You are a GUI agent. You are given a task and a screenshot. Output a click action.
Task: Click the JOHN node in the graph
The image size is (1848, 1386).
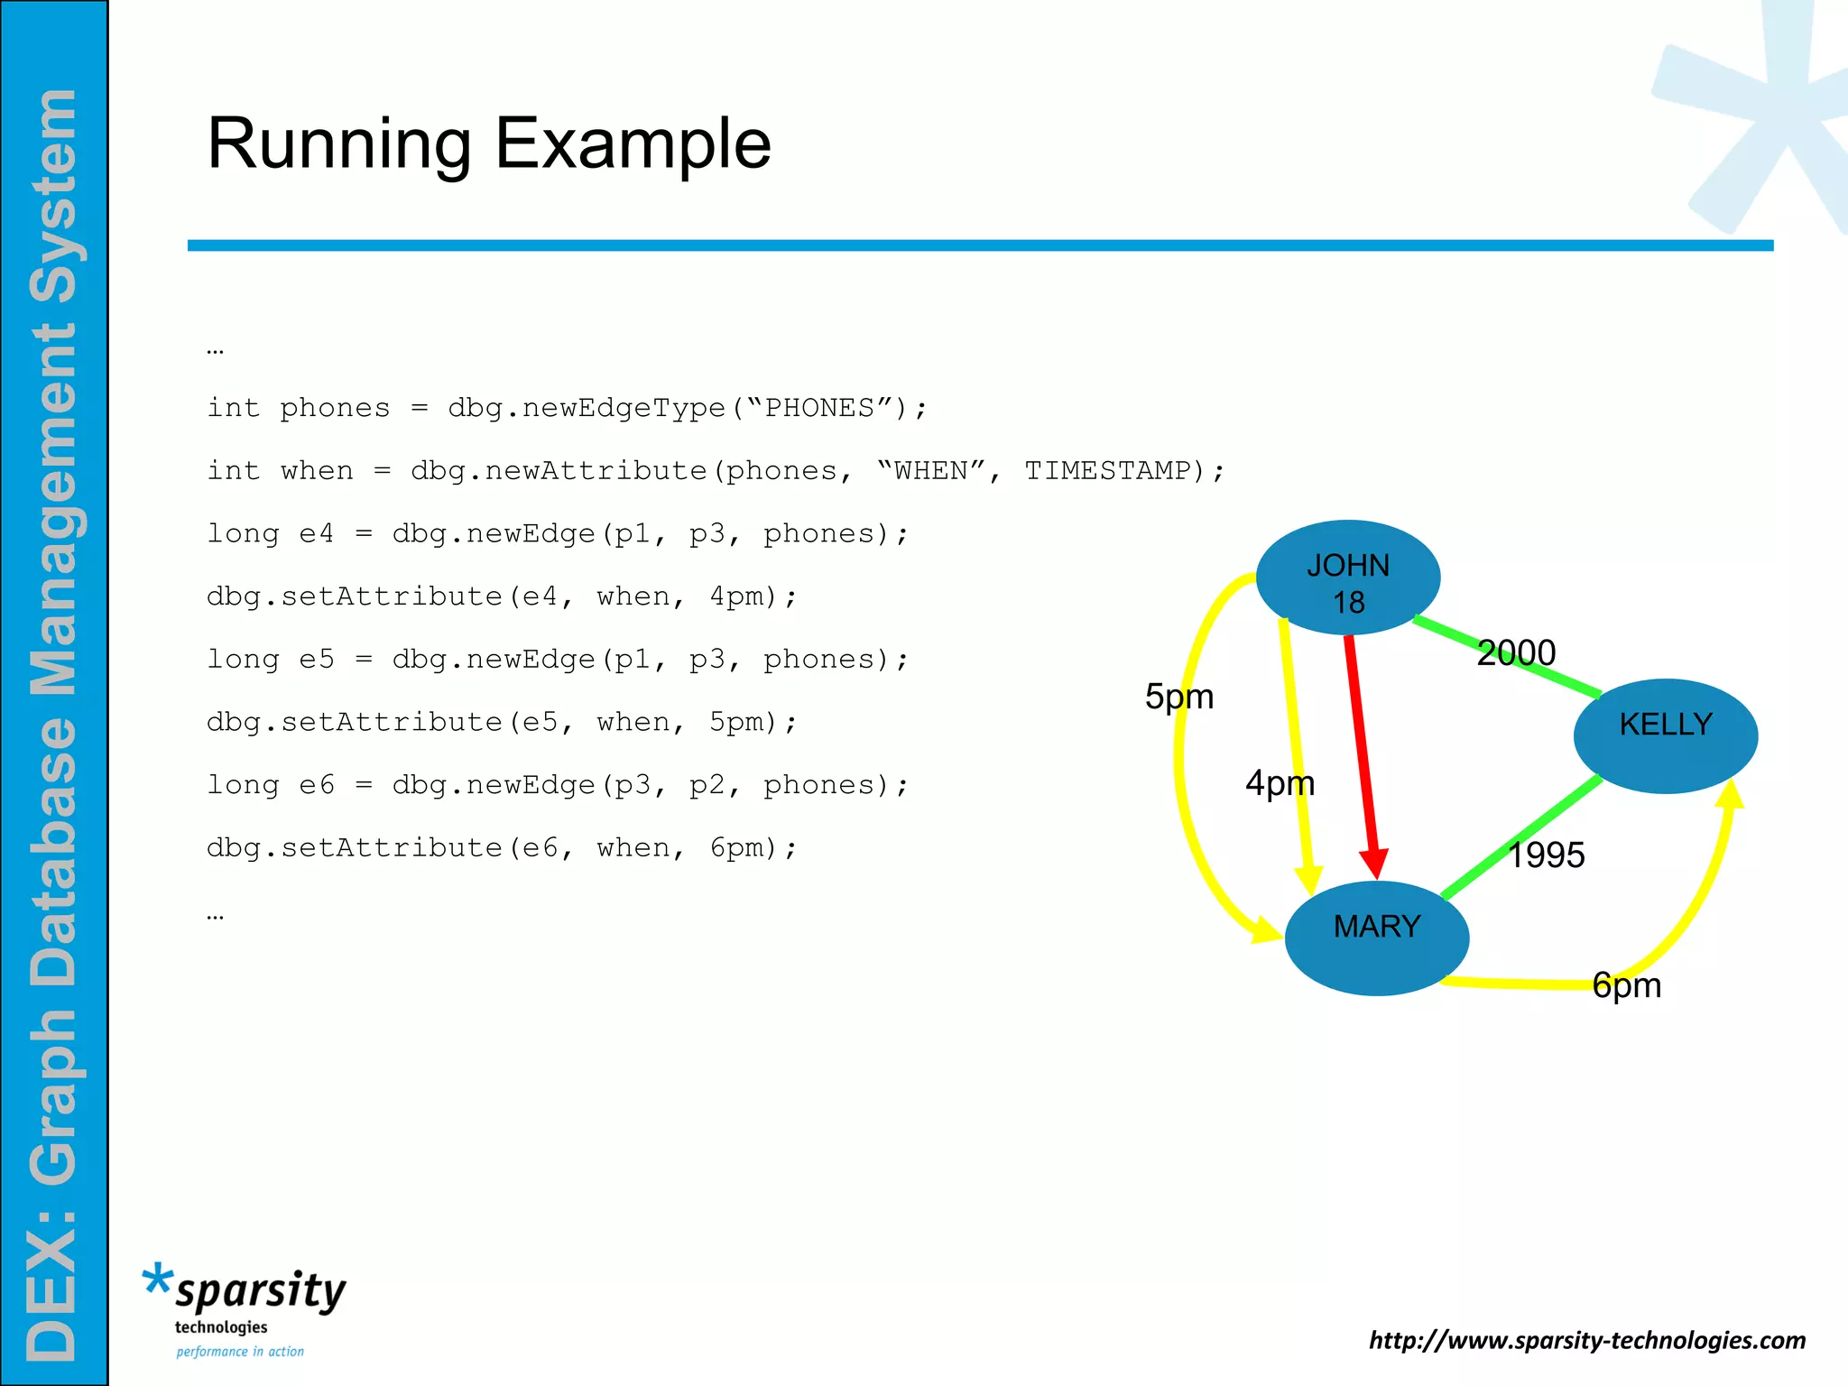(1348, 577)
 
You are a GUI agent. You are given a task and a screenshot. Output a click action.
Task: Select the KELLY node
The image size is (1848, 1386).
(1666, 735)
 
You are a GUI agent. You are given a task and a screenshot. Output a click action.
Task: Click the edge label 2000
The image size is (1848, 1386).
(1516, 652)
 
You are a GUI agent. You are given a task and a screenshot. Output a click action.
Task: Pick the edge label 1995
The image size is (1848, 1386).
(1546, 855)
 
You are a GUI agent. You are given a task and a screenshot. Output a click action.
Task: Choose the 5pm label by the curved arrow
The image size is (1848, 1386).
(1178, 697)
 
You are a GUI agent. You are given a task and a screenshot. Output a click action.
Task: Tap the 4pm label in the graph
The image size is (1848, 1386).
(1280, 782)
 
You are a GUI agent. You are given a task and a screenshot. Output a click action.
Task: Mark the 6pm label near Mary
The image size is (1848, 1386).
(1626, 984)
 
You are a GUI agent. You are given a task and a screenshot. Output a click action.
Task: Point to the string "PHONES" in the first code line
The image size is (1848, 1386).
(819, 408)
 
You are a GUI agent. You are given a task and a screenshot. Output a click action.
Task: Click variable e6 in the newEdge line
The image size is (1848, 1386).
(317, 785)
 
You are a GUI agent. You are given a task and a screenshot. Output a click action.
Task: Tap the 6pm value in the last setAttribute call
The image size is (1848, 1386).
(738, 848)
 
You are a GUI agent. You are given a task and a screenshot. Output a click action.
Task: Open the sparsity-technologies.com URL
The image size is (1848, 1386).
(1587, 1340)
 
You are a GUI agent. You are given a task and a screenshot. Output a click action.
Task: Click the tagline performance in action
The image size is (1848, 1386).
(240, 1352)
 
